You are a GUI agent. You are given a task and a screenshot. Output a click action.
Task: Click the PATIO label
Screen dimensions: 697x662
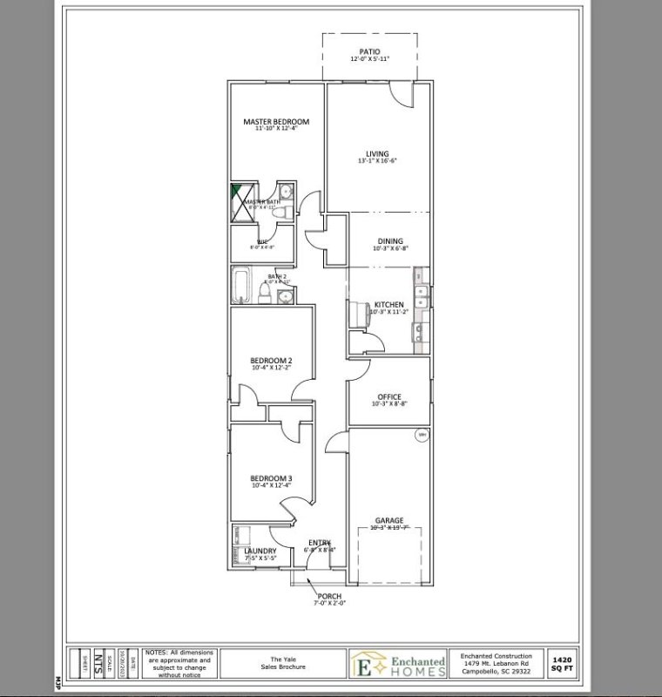point(370,52)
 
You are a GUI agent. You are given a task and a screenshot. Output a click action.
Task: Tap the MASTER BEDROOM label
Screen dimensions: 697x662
point(276,122)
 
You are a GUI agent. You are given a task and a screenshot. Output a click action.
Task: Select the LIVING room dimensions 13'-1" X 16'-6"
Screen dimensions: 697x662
point(377,161)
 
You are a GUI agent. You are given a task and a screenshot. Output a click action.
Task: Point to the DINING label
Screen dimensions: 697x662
point(390,240)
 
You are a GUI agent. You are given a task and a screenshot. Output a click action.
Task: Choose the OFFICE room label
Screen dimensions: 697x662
point(389,396)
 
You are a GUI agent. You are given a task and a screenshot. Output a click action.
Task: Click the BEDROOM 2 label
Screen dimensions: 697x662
point(271,360)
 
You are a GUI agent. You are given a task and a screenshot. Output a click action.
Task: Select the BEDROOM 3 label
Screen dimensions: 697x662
point(271,478)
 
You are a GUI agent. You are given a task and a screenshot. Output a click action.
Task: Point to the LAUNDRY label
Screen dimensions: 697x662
point(260,551)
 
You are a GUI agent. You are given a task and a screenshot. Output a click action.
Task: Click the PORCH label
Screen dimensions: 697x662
point(329,596)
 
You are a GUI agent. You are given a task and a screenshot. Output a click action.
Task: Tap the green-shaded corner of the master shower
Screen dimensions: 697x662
point(236,193)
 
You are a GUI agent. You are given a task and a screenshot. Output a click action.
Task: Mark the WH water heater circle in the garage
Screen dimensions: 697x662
point(422,435)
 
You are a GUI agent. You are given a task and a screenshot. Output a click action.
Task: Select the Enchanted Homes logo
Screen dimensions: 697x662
point(396,663)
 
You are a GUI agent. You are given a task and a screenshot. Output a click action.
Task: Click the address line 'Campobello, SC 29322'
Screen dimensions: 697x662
point(496,673)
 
